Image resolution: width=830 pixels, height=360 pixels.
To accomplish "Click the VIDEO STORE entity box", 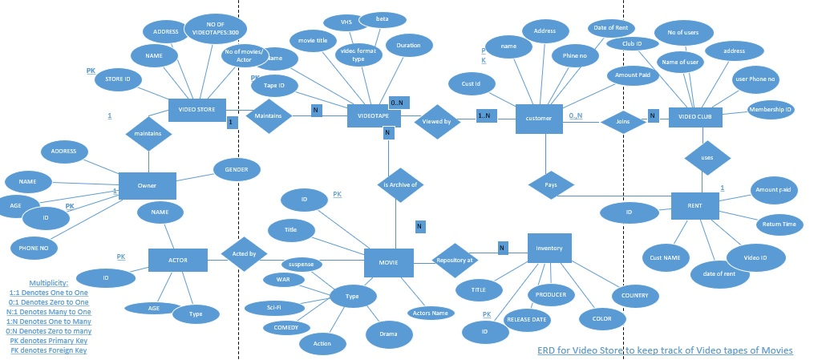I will (x=197, y=110).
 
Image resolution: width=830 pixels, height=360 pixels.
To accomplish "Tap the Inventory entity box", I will (x=549, y=248).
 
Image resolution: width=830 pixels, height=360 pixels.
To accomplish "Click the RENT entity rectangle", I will (x=694, y=206).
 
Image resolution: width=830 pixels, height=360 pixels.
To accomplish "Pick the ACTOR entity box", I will (x=177, y=260).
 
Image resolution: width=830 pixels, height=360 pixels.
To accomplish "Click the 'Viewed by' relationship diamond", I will (x=437, y=122).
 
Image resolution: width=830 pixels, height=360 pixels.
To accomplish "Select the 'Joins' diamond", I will (x=622, y=123).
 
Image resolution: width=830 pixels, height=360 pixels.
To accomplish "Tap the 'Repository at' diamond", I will (x=455, y=260).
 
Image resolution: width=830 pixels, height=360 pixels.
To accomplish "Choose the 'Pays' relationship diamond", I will (x=552, y=184).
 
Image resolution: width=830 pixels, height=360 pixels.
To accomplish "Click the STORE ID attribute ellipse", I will (x=118, y=79).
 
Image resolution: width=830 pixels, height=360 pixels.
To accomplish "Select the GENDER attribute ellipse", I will (x=237, y=169).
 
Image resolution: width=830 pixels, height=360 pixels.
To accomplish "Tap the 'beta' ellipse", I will (x=382, y=18).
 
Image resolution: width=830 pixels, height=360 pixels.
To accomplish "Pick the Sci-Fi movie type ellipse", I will (x=273, y=307).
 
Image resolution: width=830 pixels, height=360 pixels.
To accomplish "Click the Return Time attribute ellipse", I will (x=779, y=224).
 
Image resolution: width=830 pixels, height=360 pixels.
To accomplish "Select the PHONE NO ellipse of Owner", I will (x=34, y=248).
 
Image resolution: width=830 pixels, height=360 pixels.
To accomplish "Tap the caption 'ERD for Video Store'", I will (x=664, y=350).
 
